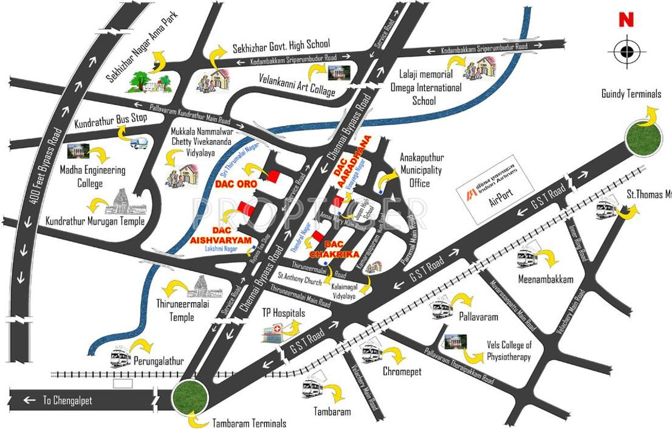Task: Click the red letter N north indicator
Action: (626, 20)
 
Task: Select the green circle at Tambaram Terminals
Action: (190, 398)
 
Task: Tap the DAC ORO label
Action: (236, 183)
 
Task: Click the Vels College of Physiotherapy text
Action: (509, 351)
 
